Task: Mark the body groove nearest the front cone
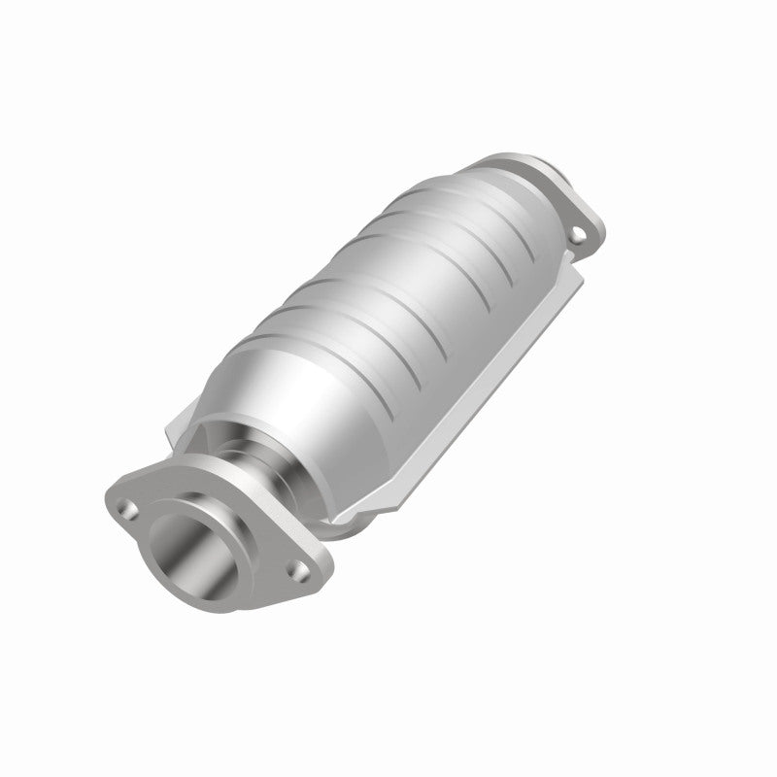click(x=321, y=335)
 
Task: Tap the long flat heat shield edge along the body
click(x=486, y=388)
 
